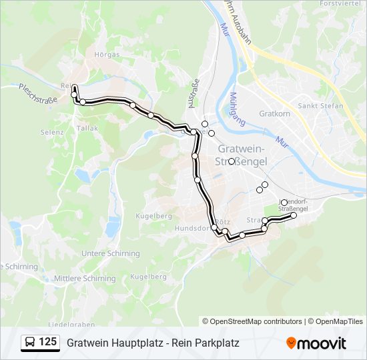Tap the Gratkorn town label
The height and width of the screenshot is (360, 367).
click(x=273, y=113)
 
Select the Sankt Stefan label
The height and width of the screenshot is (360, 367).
click(x=320, y=106)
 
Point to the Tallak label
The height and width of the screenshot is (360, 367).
click(x=87, y=128)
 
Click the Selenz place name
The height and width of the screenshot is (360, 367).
click(x=51, y=133)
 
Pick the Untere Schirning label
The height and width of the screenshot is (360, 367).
click(x=111, y=253)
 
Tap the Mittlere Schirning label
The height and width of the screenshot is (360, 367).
click(x=85, y=279)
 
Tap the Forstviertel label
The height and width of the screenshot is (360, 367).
click(x=340, y=4)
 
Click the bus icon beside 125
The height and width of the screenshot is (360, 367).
click(x=30, y=343)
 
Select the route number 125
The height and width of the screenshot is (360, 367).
click(x=48, y=343)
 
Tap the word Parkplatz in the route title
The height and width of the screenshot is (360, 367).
click(x=216, y=343)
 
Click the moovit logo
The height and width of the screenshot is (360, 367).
click(x=316, y=343)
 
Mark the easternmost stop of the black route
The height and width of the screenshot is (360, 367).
click(x=294, y=215)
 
